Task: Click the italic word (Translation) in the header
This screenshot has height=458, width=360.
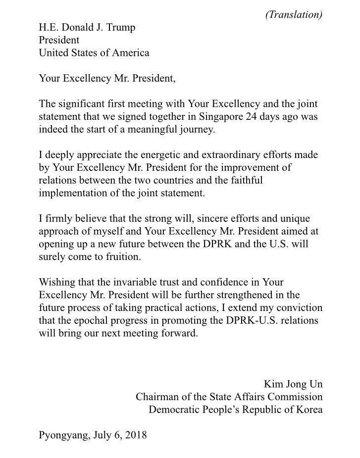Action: (x=294, y=14)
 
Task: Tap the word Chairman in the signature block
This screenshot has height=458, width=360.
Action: (x=157, y=397)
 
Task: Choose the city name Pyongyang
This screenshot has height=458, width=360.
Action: (x=63, y=436)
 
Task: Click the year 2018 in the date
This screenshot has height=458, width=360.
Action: (x=137, y=436)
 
